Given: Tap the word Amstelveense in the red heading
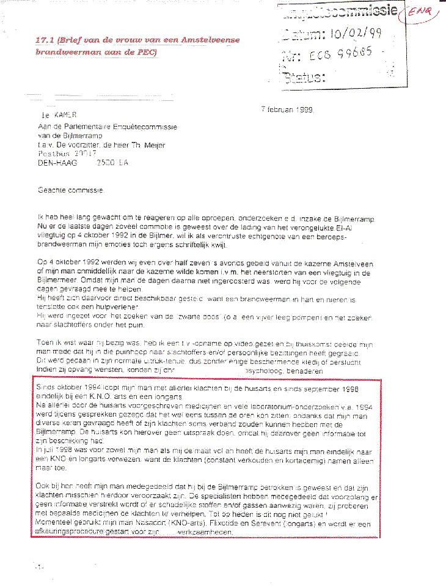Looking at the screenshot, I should pyautogui.click(x=210, y=40).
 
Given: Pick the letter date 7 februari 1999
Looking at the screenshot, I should pyautogui.click(x=287, y=110).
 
